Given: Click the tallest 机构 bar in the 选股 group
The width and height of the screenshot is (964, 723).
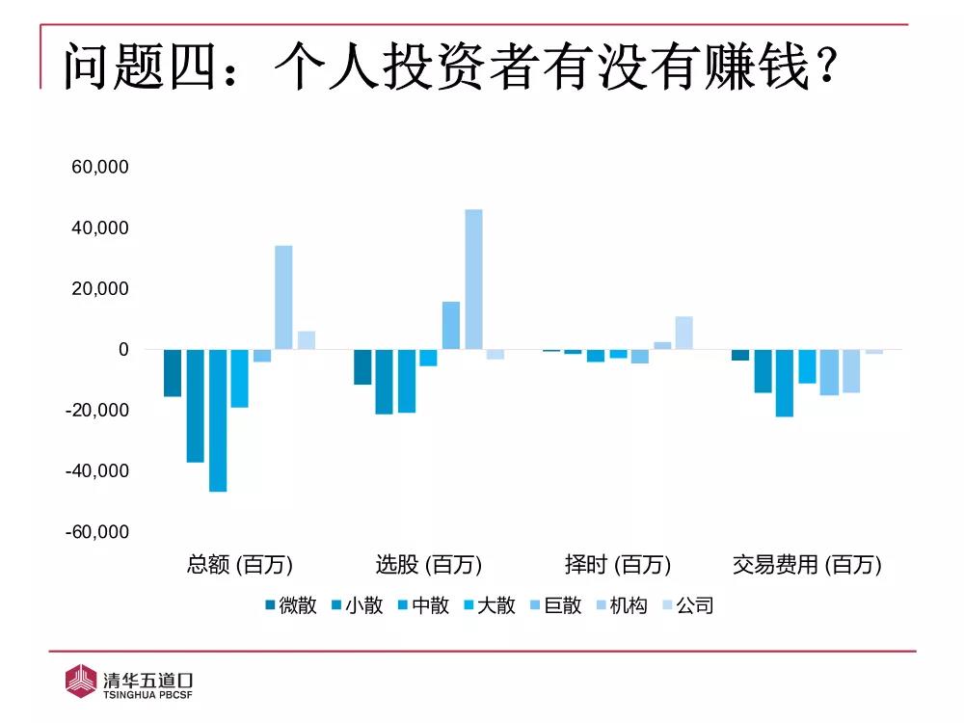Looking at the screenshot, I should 473,279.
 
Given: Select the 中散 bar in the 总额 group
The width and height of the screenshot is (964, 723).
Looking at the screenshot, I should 217,420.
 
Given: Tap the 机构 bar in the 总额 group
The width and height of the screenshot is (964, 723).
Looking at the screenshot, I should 283,297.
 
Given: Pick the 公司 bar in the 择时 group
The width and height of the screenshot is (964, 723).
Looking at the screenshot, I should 683,333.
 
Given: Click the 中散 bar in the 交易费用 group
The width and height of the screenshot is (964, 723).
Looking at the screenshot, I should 785,383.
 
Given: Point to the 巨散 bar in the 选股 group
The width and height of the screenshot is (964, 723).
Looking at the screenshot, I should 451,325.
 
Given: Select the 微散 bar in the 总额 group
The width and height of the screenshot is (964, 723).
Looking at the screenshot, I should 173,373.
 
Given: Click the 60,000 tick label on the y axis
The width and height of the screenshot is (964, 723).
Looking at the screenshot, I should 100,168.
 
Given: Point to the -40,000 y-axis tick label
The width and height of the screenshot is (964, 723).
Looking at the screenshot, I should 96,471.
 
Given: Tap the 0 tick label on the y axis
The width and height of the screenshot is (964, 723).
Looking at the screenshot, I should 122,350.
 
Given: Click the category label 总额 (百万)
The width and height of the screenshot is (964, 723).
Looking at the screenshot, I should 240,565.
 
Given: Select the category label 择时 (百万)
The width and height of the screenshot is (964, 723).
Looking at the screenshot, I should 617,565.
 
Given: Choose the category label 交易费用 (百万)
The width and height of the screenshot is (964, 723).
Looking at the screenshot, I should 807,565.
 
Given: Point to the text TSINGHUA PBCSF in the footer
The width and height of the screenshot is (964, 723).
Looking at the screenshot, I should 148,692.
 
